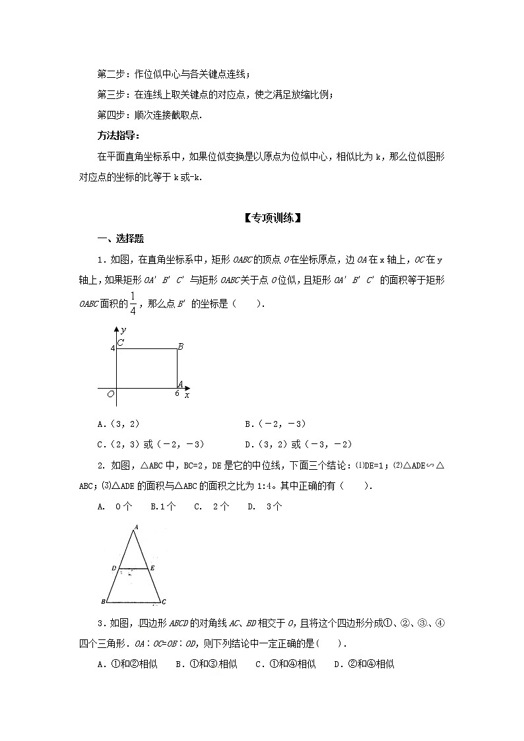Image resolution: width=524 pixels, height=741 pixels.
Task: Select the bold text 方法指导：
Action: click(x=119, y=137)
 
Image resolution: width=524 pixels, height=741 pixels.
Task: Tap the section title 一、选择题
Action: click(x=121, y=239)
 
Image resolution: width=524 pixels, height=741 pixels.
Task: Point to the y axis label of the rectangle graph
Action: click(x=123, y=329)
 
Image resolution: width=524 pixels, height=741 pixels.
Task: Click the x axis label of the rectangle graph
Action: click(x=187, y=395)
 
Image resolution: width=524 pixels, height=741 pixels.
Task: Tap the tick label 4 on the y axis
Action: click(x=112, y=347)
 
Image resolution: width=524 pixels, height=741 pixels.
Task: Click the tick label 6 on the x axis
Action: click(x=177, y=393)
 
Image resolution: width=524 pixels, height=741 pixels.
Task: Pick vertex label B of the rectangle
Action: click(x=180, y=346)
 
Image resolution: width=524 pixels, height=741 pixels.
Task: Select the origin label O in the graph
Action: click(x=111, y=394)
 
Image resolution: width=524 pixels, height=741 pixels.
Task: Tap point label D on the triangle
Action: click(x=114, y=567)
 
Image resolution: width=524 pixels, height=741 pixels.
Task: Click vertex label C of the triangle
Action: click(x=163, y=602)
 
